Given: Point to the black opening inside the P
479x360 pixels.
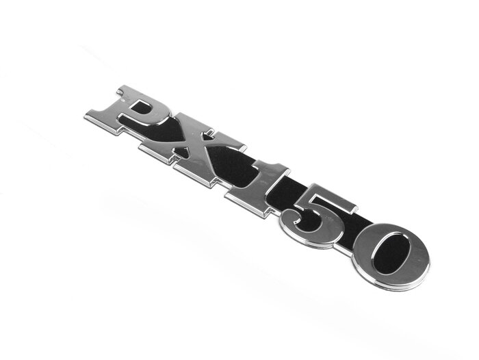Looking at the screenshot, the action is [x=141, y=106].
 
